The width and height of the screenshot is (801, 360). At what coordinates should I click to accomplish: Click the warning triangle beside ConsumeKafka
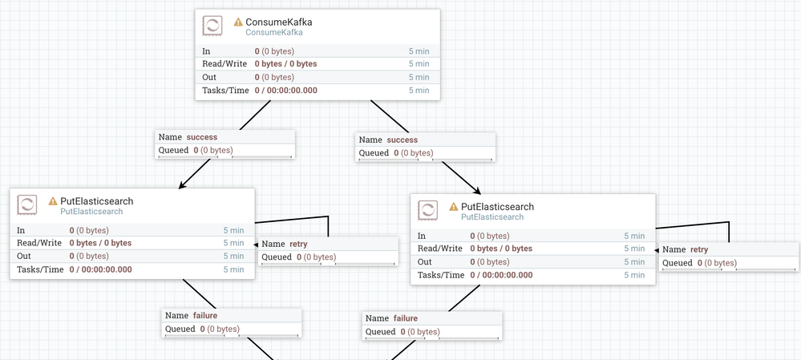point(238,22)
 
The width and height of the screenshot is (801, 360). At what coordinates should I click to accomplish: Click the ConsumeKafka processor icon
point(212,26)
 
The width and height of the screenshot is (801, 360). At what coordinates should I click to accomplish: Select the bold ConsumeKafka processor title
point(279,22)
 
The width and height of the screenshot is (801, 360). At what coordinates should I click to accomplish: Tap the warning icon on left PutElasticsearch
point(53,201)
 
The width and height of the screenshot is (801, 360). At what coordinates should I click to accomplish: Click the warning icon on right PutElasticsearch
point(454,207)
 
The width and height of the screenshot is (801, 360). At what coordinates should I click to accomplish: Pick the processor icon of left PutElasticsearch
point(26,204)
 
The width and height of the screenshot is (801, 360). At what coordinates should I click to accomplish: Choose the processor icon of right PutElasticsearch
point(427,210)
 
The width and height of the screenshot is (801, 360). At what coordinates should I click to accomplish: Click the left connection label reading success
point(202,137)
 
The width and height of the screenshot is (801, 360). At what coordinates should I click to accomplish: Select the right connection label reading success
point(402,140)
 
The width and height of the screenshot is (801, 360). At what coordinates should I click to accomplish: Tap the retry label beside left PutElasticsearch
point(298,244)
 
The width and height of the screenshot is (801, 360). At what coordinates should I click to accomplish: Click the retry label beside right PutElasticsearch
point(699,249)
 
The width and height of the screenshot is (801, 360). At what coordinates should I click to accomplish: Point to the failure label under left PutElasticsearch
point(204,316)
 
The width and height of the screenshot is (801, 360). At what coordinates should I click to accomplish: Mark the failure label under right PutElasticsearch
point(405,318)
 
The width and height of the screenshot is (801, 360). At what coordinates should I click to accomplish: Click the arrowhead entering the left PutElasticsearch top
point(182,186)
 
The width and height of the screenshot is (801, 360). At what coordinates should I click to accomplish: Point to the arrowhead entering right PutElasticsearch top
point(478,191)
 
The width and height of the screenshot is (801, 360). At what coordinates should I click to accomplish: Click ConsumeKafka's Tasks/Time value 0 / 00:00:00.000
point(286,91)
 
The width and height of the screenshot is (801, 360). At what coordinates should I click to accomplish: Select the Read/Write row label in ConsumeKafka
point(225,64)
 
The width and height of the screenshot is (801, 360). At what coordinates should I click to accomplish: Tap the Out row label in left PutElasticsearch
point(23,256)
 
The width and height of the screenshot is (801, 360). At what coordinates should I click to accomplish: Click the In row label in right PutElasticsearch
point(422,236)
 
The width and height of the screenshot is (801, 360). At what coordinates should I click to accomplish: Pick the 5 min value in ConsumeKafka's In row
point(419,51)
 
